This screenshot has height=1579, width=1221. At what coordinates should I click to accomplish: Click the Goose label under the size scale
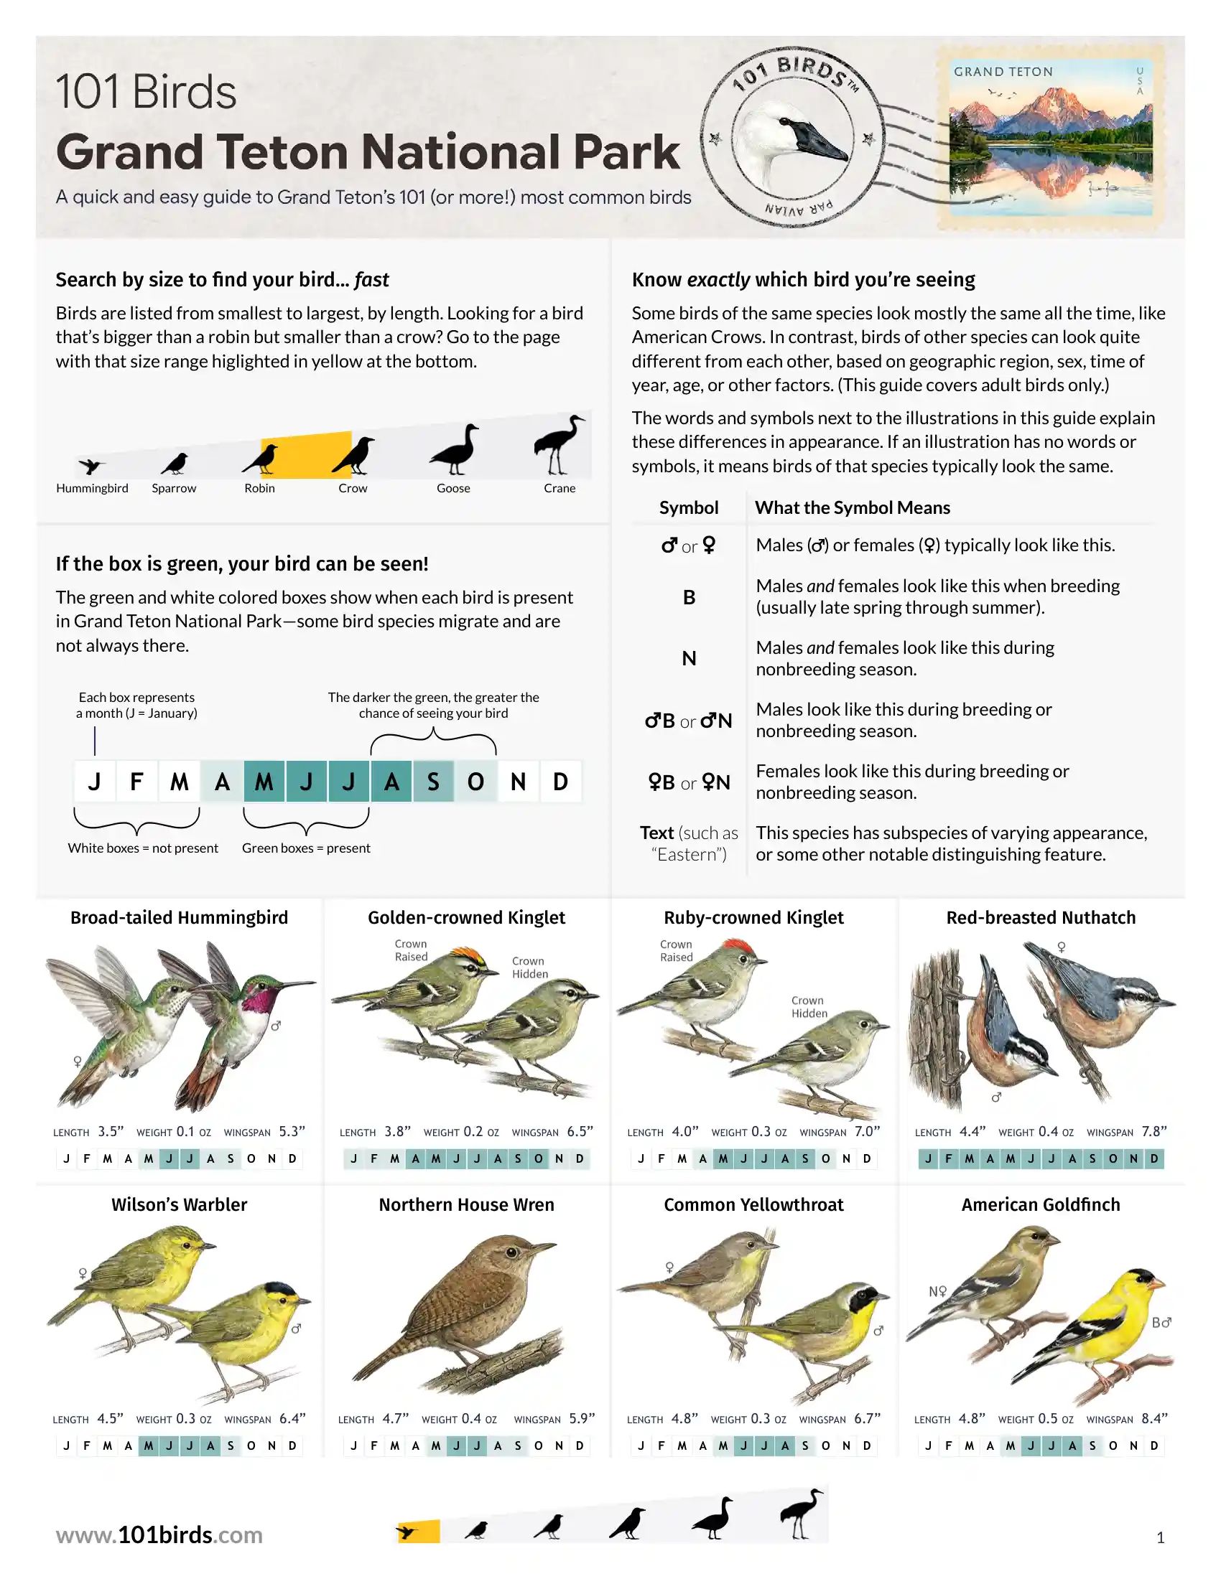point(453,488)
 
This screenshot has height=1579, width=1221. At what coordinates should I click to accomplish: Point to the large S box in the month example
point(433,782)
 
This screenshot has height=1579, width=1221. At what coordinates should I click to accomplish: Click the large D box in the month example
point(561,782)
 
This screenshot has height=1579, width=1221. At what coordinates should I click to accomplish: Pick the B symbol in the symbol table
point(690,597)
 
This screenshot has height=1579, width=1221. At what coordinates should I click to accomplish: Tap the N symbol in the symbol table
point(690,659)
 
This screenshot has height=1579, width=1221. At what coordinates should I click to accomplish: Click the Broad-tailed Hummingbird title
point(180,917)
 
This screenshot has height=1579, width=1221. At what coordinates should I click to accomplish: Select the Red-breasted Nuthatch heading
point(1041,917)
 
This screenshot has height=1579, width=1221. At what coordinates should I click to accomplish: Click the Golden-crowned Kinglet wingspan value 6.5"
point(580,1131)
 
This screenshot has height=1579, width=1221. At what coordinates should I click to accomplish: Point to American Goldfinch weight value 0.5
point(1047,1418)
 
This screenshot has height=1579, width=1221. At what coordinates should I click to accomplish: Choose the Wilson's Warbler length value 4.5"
point(111,1418)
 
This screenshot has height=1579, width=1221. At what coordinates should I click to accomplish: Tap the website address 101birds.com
point(159,1535)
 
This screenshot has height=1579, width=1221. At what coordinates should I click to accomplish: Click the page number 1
point(1160,1538)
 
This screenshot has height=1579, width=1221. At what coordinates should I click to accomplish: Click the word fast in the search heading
point(372,280)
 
